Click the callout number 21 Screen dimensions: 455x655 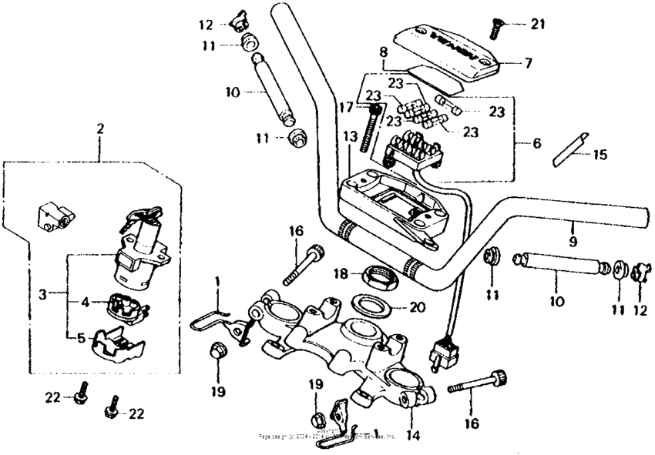(537, 24)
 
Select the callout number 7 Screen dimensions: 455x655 (528, 63)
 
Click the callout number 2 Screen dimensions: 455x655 (99, 129)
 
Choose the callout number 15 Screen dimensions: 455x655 (600, 155)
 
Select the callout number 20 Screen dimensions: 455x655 (417, 306)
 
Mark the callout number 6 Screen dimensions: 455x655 (536, 144)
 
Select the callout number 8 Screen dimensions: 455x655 (381, 52)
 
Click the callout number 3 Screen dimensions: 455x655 (42, 294)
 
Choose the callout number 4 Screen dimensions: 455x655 (86, 303)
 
